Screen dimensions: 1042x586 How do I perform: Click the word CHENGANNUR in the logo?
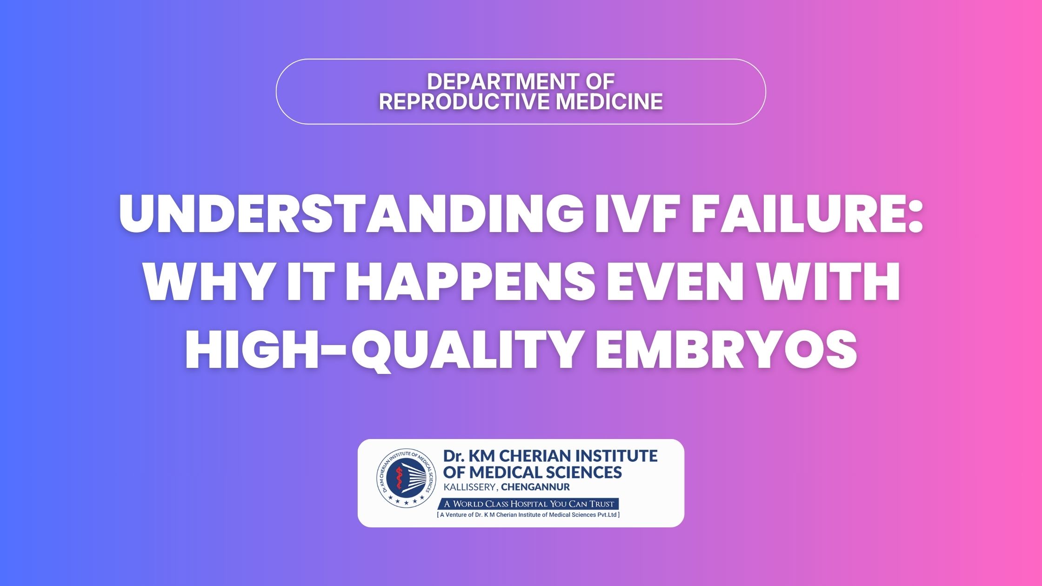(x=535, y=487)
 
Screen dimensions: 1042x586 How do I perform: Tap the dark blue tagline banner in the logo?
(x=528, y=504)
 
